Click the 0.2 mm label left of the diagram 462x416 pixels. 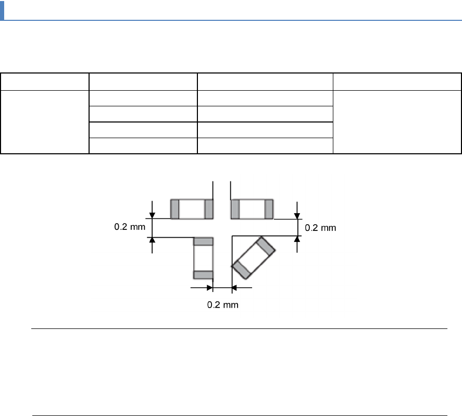click(x=130, y=227)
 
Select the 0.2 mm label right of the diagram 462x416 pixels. click(x=320, y=228)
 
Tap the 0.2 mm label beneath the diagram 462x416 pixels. click(x=223, y=305)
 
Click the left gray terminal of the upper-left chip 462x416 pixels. click(x=174, y=209)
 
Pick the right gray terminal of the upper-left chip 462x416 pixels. click(x=209, y=209)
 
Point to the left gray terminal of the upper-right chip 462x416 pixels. click(x=235, y=209)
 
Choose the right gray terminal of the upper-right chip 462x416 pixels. click(x=269, y=209)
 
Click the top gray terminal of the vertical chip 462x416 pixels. click(x=203, y=241)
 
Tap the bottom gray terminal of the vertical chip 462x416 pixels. click(x=203, y=275)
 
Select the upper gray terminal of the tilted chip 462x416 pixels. click(x=266, y=246)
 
